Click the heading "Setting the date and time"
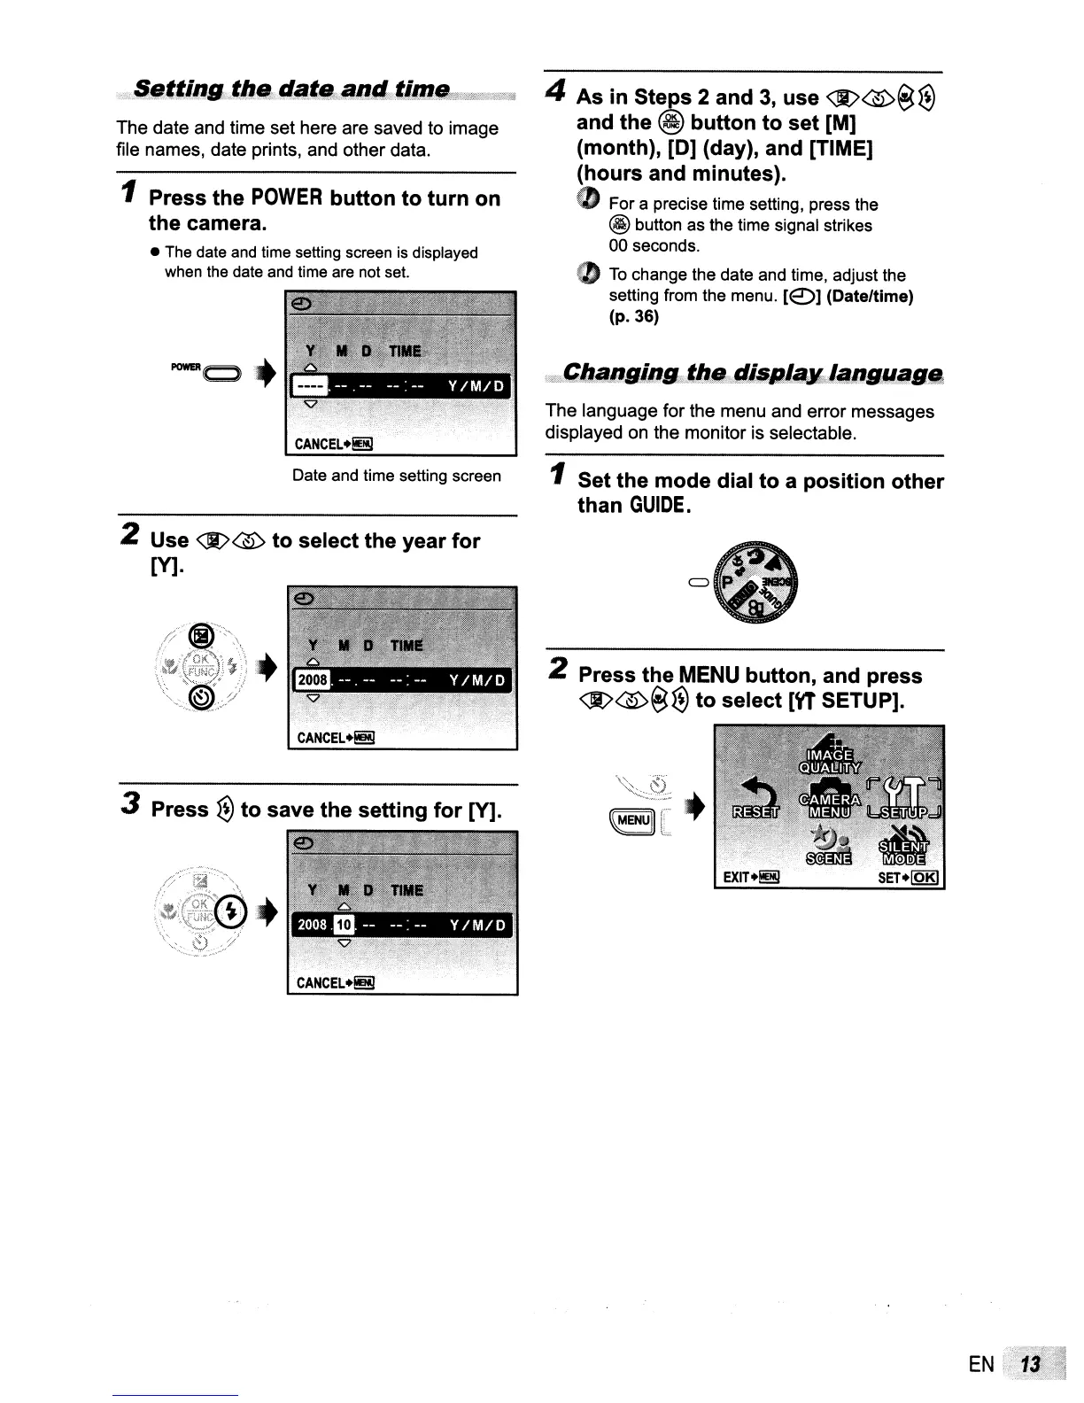[291, 89]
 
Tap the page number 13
[1030, 1365]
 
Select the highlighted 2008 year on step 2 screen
[312, 680]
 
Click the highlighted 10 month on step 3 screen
[345, 925]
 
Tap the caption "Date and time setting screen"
[396, 476]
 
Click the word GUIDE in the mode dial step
[659, 506]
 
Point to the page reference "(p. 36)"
[633, 316]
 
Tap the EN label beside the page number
[981, 1365]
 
